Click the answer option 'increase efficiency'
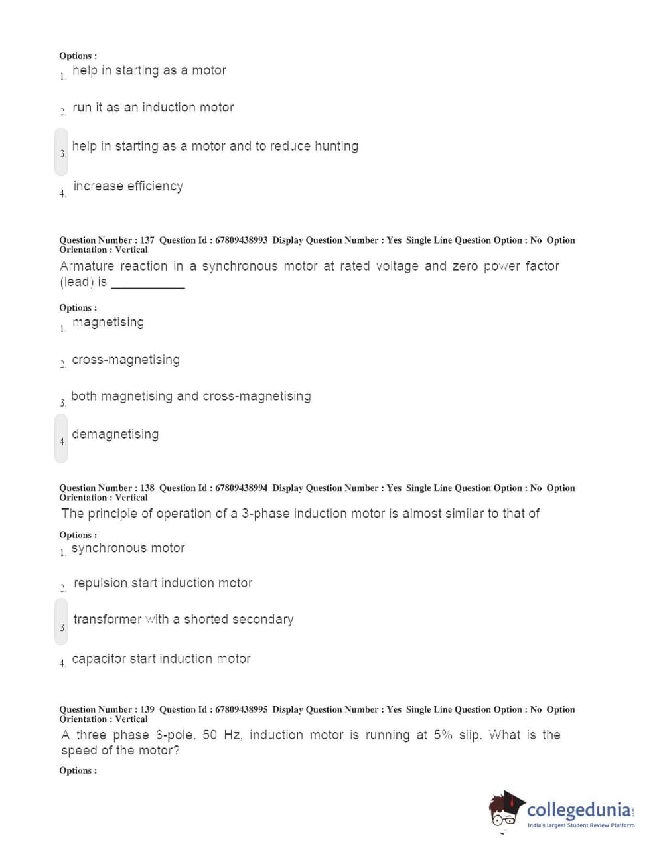(x=127, y=186)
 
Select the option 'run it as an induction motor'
(x=153, y=107)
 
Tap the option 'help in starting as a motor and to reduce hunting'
(x=215, y=146)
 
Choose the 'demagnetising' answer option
(x=115, y=435)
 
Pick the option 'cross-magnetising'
(x=125, y=360)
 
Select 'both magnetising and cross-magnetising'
(x=190, y=396)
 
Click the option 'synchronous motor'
(x=128, y=548)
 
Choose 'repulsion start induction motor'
(x=163, y=583)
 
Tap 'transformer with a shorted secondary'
(x=183, y=619)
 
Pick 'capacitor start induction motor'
(x=161, y=659)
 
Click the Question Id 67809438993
(x=241, y=240)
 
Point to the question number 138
(x=147, y=488)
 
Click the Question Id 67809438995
(x=241, y=709)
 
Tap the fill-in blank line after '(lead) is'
(x=148, y=285)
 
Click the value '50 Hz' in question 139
(x=222, y=735)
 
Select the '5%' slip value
(x=443, y=735)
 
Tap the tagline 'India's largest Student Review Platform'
(x=581, y=825)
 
